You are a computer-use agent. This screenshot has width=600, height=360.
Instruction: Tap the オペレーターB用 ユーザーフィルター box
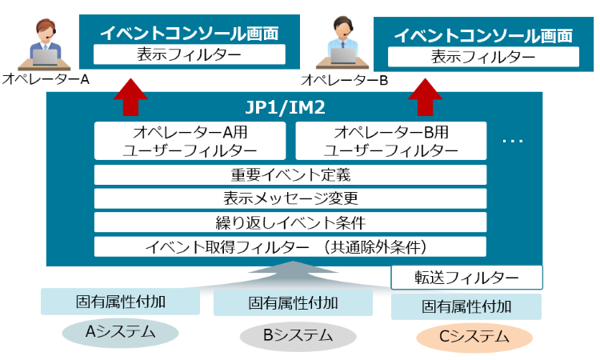pyautogui.click(x=390, y=140)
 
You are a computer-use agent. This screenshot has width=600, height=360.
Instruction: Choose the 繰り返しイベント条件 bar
pyautogui.click(x=290, y=222)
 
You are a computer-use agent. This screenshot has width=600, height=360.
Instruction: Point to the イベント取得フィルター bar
pyautogui.click(x=290, y=246)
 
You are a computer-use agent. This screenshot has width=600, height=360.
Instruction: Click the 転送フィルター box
pyautogui.click(x=466, y=277)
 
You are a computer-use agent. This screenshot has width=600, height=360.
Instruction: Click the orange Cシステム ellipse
pyautogui.click(x=474, y=337)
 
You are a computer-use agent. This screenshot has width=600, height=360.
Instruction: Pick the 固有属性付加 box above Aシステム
pyautogui.click(x=120, y=302)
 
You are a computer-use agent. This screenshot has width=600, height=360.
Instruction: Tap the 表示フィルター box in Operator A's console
pyautogui.click(x=189, y=54)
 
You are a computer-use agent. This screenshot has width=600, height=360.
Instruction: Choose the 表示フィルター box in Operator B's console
pyautogui.click(x=483, y=57)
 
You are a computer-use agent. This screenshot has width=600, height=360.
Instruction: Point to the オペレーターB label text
pyautogui.click(x=345, y=80)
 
